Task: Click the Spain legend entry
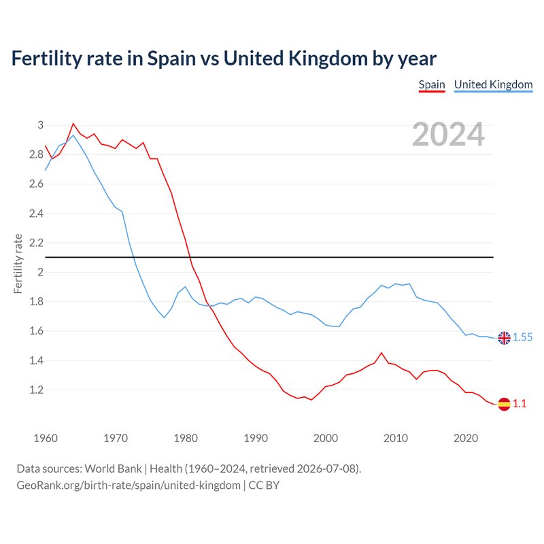pos(432,85)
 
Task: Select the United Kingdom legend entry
pos(494,85)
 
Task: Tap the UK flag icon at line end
pos(504,337)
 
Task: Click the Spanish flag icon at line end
pos(504,404)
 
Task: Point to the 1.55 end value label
pos(522,337)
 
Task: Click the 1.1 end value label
pos(520,403)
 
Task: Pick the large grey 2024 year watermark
pos(448,134)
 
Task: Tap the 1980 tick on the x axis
pos(186,438)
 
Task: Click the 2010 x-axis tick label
pos(396,438)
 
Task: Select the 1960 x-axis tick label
pos(46,438)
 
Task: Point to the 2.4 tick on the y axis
pos(37,214)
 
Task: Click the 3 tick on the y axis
pos(41,125)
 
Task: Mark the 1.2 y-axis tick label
pos(37,390)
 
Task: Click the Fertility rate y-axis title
pos(18,264)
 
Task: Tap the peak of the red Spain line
pos(73,124)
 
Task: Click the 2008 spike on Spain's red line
pos(381,353)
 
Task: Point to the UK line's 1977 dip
pos(164,318)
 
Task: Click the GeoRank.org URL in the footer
pos(129,486)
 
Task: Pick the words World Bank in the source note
pos(113,469)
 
